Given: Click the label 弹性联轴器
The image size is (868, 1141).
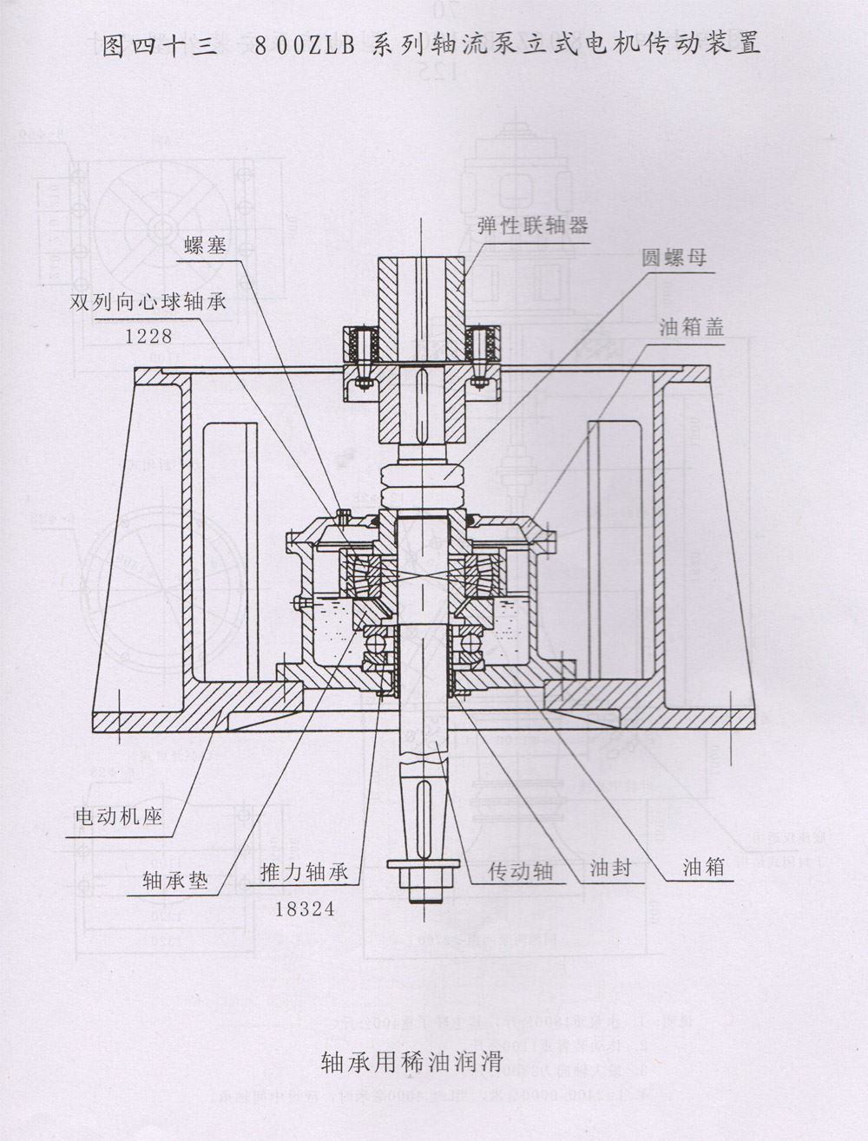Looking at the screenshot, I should coord(532,226).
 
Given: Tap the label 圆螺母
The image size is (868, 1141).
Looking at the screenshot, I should coord(674,258).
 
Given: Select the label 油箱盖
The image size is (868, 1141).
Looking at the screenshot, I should coord(691,327).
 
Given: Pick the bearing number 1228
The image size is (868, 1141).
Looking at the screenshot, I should coord(149,336).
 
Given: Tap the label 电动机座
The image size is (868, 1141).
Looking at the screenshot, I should coord(119,816).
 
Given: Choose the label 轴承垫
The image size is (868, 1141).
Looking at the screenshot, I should coord(176,882).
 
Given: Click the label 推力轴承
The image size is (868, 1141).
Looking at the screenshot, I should coord(303,872).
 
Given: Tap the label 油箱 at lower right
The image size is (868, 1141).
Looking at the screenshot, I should coord(704,867).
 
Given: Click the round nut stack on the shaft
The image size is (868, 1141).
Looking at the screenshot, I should coord(424,487).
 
